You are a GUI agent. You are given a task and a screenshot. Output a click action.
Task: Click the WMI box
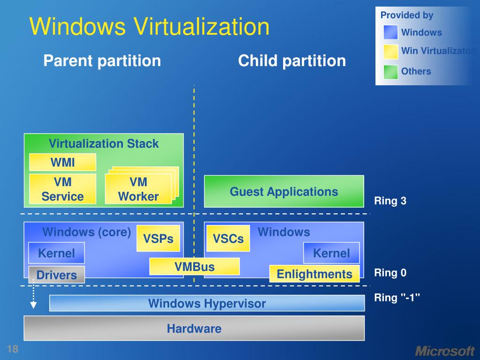(62, 162)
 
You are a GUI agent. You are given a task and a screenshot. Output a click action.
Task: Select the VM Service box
(62, 189)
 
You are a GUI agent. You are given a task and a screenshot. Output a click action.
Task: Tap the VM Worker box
(138, 189)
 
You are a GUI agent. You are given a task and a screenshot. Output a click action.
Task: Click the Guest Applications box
(284, 191)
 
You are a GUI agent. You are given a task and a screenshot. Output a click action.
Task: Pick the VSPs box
(158, 239)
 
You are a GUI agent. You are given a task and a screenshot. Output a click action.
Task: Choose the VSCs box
(228, 239)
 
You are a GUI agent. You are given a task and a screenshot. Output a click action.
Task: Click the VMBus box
(195, 267)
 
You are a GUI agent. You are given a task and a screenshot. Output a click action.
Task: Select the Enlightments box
(315, 274)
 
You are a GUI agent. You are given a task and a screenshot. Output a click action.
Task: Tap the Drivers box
(57, 275)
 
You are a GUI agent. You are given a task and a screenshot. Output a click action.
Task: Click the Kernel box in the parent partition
(56, 253)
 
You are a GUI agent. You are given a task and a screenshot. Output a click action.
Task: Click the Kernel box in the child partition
(331, 253)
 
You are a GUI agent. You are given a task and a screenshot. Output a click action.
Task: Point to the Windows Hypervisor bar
(207, 303)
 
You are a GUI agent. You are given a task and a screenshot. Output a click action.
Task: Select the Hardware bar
(194, 328)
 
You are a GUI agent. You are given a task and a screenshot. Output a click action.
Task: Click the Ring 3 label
(390, 201)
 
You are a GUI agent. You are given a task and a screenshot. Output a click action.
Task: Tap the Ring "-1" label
(397, 297)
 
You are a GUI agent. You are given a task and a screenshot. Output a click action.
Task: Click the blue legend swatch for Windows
(390, 32)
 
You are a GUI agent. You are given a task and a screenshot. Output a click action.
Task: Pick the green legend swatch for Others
(390, 72)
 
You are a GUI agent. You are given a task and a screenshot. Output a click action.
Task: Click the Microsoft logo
(444, 351)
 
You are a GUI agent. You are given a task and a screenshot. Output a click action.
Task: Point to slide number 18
(12, 349)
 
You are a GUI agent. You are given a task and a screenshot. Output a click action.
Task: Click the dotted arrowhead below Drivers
(33, 306)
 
